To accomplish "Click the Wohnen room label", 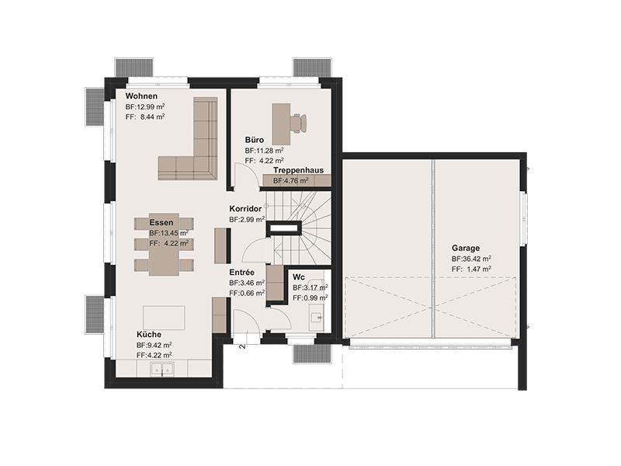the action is coord(141,96).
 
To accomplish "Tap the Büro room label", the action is coord(255,141).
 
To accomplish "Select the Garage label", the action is coord(466,249).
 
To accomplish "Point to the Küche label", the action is coord(149,335).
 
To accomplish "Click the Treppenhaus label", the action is coord(298,170).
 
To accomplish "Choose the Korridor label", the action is coord(245,209).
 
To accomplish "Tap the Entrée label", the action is coord(242,273).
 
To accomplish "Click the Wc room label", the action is coord(299,277).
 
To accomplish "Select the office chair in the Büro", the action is coord(298,123).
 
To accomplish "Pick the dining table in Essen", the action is coord(164,245).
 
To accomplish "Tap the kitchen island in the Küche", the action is coord(164,318).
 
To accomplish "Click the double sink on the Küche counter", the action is coord(162,370).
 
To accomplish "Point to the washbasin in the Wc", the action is coord(316,317).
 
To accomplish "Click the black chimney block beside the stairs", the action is coord(284,228).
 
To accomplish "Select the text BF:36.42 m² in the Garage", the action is coord(471,259).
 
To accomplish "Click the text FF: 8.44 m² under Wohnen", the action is coord(145,117).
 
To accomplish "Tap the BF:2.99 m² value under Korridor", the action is coord(247,219).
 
